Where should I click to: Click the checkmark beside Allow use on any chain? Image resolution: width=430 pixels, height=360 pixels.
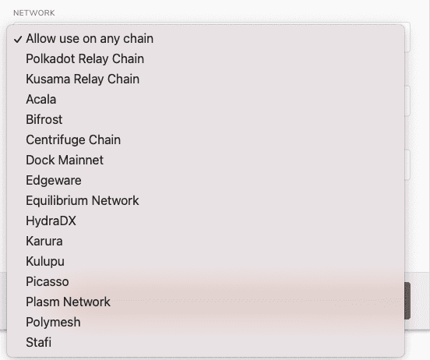[x=18, y=40]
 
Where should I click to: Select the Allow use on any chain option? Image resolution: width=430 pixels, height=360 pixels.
[x=90, y=39]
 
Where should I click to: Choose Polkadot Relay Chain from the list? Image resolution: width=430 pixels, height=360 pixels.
[x=85, y=59]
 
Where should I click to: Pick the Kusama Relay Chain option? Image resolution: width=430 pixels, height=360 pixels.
[x=83, y=79]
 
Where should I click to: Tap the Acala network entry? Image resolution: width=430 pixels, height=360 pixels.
[x=41, y=99]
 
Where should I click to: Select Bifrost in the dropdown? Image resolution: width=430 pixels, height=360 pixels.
[x=44, y=120]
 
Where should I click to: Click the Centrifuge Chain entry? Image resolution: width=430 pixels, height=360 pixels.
[x=73, y=140]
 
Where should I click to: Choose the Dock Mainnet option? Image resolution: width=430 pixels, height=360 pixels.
[x=65, y=161]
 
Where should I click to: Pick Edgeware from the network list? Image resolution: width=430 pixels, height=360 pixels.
[x=54, y=181]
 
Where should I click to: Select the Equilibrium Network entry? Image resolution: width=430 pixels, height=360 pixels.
[x=83, y=200]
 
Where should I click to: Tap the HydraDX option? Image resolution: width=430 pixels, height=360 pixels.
[x=51, y=221]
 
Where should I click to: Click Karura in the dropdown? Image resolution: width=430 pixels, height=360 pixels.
[x=44, y=242]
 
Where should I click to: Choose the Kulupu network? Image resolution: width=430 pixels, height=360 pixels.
[x=45, y=262]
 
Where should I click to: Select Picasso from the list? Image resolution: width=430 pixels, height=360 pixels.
[x=48, y=282]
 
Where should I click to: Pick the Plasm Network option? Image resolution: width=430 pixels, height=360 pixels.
[x=69, y=302]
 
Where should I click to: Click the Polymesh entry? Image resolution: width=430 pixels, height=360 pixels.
[x=53, y=323]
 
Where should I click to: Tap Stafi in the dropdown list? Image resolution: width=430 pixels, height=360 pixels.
[x=39, y=342]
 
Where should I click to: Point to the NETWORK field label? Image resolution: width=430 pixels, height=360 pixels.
[x=34, y=13]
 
